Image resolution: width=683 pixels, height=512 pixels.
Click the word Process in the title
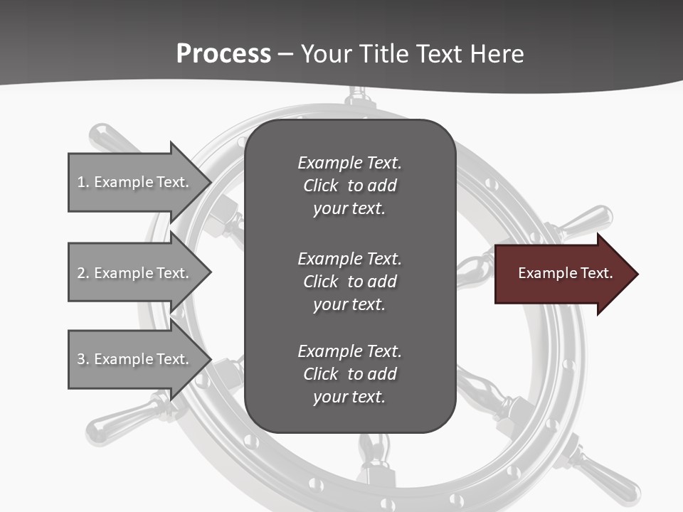pyautogui.click(x=223, y=54)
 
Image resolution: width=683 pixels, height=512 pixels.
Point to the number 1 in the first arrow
pyautogui.click(x=82, y=182)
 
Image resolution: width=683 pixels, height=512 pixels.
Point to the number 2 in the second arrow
pyautogui.click(x=82, y=273)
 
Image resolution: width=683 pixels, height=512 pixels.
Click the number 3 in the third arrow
pyautogui.click(x=82, y=359)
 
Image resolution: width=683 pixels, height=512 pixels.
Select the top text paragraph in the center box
pyautogui.click(x=349, y=186)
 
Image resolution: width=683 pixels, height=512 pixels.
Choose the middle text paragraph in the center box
pyautogui.click(x=349, y=281)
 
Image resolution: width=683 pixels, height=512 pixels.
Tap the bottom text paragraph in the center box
pyautogui.click(x=349, y=374)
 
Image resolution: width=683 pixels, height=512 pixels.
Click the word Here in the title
pyautogui.click(x=497, y=54)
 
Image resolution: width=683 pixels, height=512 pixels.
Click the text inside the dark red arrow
pyautogui.click(x=566, y=273)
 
